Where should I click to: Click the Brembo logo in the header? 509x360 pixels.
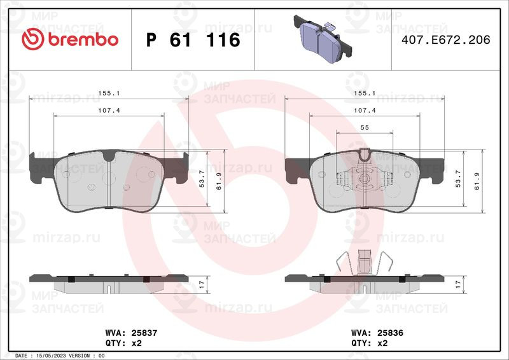pyautogui.click(x=70, y=39)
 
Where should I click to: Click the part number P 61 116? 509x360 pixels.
pyautogui.click(x=193, y=40)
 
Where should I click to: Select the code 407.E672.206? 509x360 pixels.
pyautogui.click(x=446, y=40)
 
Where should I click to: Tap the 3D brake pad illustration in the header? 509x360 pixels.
pyautogui.click(x=323, y=39)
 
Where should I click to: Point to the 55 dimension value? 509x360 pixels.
pyautogui.click(x=365, y=128)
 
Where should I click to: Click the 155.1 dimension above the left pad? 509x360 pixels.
pyautogui.click(x=109, y=93)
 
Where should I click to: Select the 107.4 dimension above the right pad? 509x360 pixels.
pyautogui.click(x=365, y=111)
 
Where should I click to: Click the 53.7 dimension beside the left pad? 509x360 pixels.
pyautogui.click(x=202, y=179)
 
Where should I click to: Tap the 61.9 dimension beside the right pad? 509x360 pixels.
pyautogui.click(x=477, y=181)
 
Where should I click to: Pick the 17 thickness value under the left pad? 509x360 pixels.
pyautogui.click(x=202, y=285)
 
